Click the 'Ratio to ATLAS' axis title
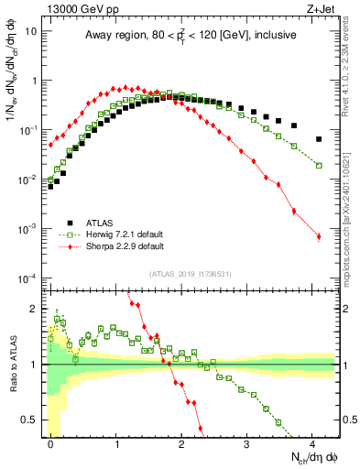click(12, 365)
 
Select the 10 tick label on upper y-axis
click(34, 30)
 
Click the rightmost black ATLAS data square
click(319, 139)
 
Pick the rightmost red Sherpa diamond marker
click(319, 236)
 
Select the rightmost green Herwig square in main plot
click(319, 165)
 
